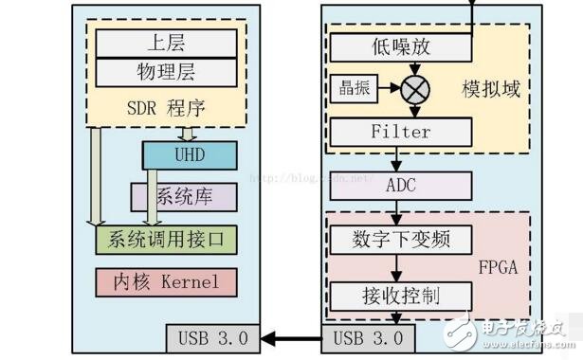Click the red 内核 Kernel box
(166, 281)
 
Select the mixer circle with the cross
(413, 90)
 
